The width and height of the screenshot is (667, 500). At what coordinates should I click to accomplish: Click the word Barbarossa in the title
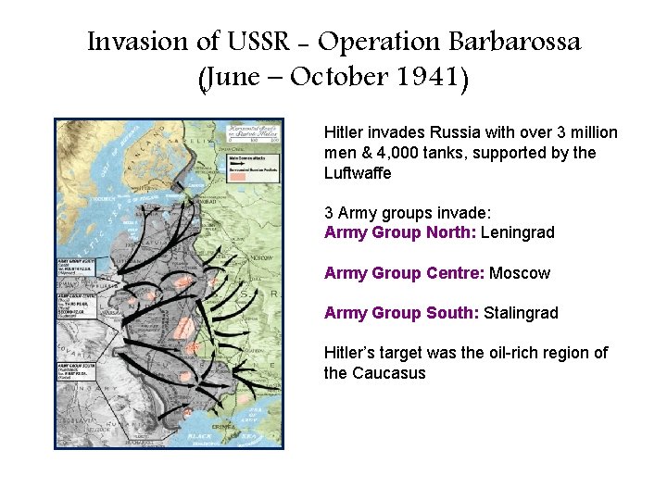(514, 42)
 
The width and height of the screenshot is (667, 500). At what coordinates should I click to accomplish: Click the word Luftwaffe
(358, 173)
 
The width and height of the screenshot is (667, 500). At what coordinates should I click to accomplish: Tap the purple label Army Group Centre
(404, 273)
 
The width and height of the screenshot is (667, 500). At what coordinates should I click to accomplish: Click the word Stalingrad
(522, 313)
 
